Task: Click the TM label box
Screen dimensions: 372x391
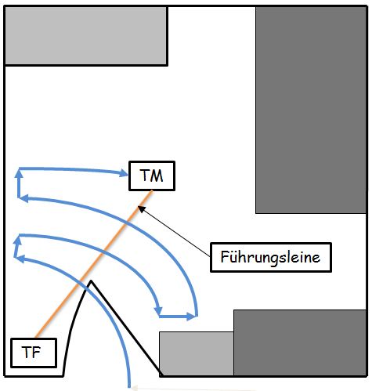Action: (x=152, y=176)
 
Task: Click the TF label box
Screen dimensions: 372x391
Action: (x=34, y=353)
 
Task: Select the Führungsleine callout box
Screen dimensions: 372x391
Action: (x=271, y=257)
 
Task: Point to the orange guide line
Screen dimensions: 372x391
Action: (x=93, y=264)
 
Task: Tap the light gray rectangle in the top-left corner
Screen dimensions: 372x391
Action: (x=85, y=35)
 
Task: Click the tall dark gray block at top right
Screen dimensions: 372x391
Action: (x=311, y=110)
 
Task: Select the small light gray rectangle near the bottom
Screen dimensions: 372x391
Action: (x=197, y=353)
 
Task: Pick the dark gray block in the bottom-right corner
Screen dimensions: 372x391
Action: (x=300, y=342)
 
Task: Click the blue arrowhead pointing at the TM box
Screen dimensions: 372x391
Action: (x=124, y=173)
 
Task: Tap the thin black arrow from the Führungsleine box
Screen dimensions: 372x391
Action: (x=174, y=231)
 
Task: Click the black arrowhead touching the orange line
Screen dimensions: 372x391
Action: (x=141, y=209)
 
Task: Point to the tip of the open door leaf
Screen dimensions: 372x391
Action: (x=91, y=281)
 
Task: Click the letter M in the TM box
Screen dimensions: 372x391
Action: (x=157, y=176)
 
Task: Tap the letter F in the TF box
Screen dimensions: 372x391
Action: (x=37, y=352)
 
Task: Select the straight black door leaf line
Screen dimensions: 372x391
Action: (x=126, y=328)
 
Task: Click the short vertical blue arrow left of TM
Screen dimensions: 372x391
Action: (x=19, y=183)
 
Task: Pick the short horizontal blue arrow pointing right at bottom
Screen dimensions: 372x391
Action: (x=177, y=317)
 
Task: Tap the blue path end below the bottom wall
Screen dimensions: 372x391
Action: (x=129, y=386)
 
